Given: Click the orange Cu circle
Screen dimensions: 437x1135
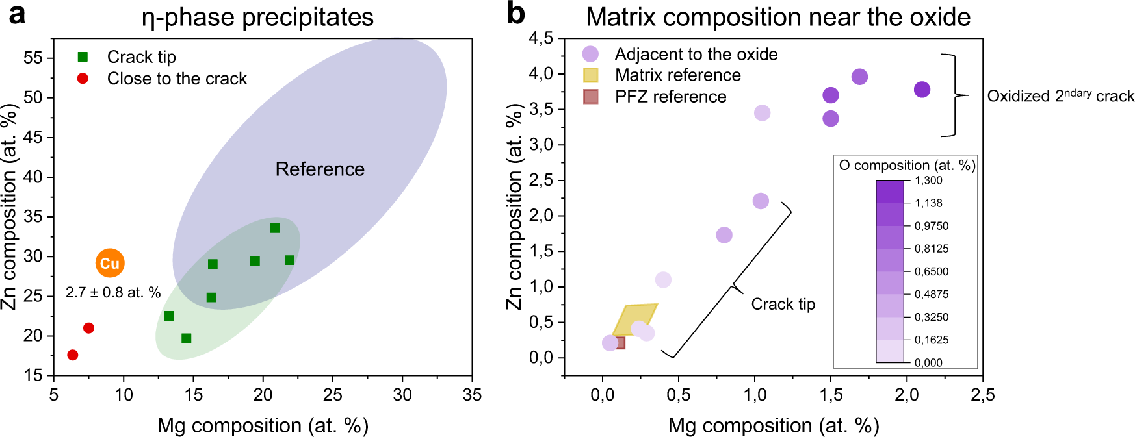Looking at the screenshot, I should pyautogui.click(x=110, y=263).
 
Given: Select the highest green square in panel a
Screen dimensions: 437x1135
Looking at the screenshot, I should pyautogui.click(x=275, y=228).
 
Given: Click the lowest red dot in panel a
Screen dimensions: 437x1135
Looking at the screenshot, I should pyautogui.click(x=73, y=355).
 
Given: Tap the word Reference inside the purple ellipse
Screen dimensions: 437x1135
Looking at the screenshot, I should pyautogui.click(x=320, y=169).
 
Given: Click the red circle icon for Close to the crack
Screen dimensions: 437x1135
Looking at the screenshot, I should pyautogui.click(x=83, y=79).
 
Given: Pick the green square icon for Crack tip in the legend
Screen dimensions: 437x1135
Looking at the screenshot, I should pyautogui.click(x=83, y=57).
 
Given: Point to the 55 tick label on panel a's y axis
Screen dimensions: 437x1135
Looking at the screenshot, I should pyautogui.click(x=33, y=58).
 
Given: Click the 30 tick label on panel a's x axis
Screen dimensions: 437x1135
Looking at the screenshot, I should pyautogui.click(x=402, y=395).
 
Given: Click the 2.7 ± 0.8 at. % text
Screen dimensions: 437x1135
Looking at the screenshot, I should pyautogui.click(x=113, y=293).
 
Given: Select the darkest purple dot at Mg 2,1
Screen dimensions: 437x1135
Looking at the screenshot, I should pyautogui.click(x=922, y=90).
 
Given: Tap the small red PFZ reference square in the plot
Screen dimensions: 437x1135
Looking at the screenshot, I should pyautogui.click(x=620, y=343).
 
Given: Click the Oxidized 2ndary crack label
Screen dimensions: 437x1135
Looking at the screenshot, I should pyautogui.click(x=1060, y=96).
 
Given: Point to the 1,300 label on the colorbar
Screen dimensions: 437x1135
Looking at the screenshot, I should pyautogui.click(x=928, y=181).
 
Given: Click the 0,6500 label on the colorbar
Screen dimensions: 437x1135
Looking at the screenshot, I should pyautogui.click(x=932, y=271).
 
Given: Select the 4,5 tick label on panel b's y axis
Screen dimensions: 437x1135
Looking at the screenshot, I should pyautogui.click(x=541, y=38).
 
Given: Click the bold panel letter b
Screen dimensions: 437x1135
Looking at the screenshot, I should pyautogui.click(x=515, y=14).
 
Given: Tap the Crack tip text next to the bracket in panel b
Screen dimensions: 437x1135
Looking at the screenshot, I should pyautogui.click(x=783, y=305).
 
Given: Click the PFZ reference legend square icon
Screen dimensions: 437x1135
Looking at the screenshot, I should pyautogui.click(x=590, y=97).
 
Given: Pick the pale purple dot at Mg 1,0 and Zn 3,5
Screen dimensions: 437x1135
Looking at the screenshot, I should pyautogui.click(x=762, y=113).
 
